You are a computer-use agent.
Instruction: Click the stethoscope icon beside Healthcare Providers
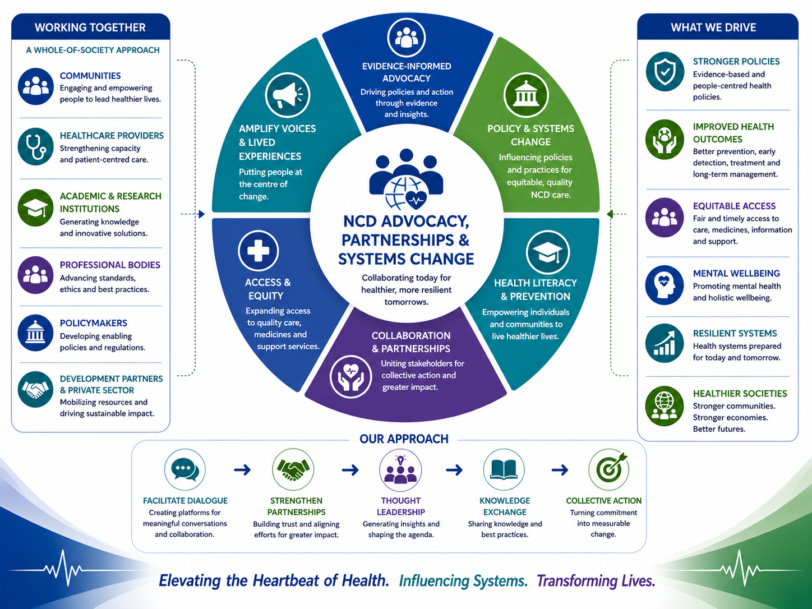(35, 147)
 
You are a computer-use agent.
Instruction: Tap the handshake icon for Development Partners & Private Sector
(35, 390)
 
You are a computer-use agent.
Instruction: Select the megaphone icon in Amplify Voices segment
(288, 95)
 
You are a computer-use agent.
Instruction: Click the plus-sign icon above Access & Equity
(258, 250)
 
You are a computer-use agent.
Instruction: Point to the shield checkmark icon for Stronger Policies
(665, 71)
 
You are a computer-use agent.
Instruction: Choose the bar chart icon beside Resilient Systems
(665, 343)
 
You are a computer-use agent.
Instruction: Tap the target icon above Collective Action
(609, 469)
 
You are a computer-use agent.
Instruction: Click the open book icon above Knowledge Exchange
(504, 469)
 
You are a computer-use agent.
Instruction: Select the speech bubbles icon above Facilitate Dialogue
(185, 469)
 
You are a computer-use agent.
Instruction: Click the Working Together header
(90, 27)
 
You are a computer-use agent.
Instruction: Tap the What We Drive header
(714, 27)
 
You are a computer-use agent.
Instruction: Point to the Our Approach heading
(404, 439)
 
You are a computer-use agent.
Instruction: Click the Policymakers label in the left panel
(94, 323)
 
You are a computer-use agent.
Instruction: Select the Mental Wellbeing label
(736, 273)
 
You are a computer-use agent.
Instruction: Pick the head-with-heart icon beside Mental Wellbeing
(665, 285)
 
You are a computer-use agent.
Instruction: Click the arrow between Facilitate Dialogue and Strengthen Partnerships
(242, 470)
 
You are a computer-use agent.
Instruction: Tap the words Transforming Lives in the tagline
(596, 581)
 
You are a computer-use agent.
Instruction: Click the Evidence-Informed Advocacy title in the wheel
(407, 72)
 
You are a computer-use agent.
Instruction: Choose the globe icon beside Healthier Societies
(665, 406)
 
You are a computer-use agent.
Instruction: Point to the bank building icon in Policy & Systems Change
(526, 95)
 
